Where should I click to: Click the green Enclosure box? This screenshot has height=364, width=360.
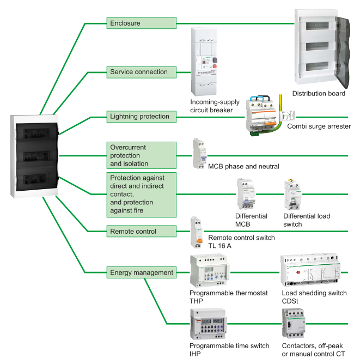coord(141,23)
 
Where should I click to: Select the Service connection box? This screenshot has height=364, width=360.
coord(141,71)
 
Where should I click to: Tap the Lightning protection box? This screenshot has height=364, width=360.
coord(141,116)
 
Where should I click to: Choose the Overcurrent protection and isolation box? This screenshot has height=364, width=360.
coord(141,155)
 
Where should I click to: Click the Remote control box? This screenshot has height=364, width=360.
coord(141,232)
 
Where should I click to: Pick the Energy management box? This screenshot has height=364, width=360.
coord(141,272)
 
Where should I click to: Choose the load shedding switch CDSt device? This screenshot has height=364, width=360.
coord(309,270)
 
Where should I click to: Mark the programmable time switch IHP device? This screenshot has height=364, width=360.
coord(209,324)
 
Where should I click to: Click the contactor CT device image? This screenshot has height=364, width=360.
coord(297,324)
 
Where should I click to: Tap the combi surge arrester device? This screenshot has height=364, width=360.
coord(261,115)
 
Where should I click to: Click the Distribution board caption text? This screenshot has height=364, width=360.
coord(319,94)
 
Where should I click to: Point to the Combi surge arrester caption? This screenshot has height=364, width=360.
coord(319,126)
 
